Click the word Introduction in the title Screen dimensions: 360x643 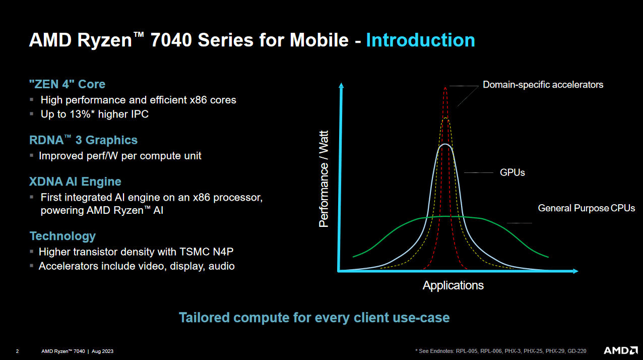click(420, 40)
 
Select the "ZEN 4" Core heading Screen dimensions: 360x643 click(67, 84)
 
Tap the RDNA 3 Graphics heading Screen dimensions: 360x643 click(83, 140)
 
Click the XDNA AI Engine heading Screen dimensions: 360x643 click(75, 182)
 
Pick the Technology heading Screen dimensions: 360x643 click(62, 236)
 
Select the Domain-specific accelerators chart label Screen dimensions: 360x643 click(543, 85)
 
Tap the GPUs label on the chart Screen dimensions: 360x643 click(512, 172)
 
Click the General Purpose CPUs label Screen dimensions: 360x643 click(586, 208)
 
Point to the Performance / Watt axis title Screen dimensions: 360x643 click(324, 178)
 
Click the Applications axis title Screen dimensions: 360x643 click(453, 285)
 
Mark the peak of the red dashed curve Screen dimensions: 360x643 click(445, 88)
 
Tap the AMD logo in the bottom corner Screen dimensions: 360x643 click(617, 350)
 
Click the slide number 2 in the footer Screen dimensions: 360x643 click(18, 351)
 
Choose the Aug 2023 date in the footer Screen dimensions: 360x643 click(102, 351)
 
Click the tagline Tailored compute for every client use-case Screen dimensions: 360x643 click(314, 318)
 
